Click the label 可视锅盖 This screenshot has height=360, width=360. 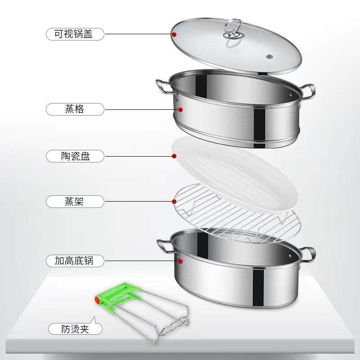(75, 33)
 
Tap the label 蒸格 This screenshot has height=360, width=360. (75, 109)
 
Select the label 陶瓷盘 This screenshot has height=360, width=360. (75, 156)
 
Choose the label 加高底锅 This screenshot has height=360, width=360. (75, 260)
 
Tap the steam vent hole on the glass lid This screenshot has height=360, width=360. (270, 57)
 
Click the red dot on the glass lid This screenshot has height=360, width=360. (174, 33)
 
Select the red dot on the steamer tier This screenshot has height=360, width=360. (180, 109)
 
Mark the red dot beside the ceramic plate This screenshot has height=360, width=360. (174, 156)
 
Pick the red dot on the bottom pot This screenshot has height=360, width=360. (180, 260)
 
